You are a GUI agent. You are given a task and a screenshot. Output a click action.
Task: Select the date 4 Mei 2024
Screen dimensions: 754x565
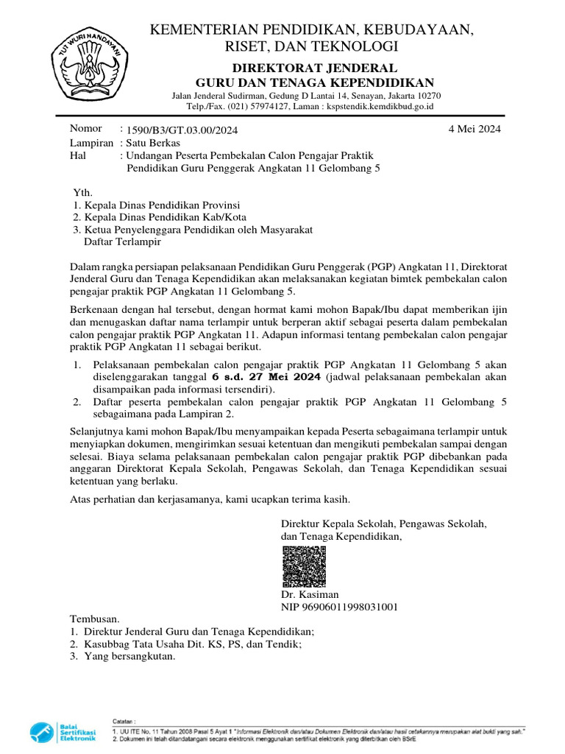point(475,129)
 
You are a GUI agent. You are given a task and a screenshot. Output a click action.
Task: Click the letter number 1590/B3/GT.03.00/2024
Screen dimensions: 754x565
point(182,130)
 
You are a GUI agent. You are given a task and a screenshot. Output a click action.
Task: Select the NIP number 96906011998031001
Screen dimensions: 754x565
point(339,607)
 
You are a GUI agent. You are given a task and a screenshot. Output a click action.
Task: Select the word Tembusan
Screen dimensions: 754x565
point(94,619)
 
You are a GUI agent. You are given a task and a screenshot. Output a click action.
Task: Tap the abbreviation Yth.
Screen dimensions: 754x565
point(82,192)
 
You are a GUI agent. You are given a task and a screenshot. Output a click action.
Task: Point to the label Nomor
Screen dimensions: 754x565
point(85,129)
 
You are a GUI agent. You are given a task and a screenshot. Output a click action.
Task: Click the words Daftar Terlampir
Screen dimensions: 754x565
point(122,242)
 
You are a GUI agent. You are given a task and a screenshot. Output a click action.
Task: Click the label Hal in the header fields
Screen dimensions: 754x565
point(78,156)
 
